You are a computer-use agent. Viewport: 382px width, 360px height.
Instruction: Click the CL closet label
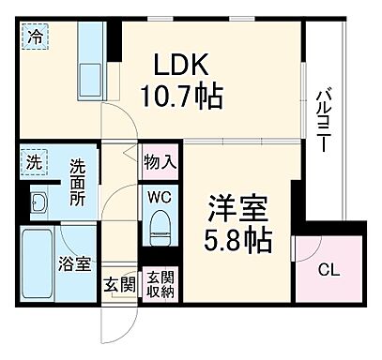pos(328,271)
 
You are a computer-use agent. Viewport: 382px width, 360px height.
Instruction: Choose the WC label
pos(158,198)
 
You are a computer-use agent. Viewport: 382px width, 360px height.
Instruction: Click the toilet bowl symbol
pos(159,225)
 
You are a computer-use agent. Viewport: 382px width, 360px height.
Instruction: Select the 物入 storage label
pos(158,160)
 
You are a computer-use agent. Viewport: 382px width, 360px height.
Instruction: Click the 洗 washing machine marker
pos(34,160)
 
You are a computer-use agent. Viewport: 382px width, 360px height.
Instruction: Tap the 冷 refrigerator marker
pos(34,39)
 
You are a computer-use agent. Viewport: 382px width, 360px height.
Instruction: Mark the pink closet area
pos(328,258)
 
